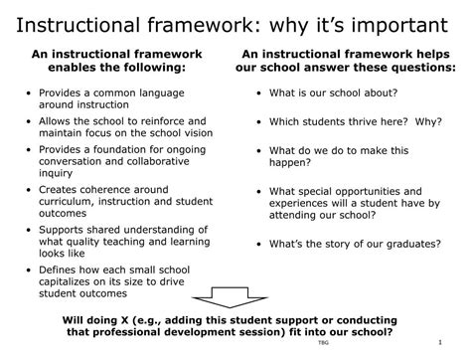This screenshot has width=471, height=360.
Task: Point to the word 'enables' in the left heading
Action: coord(66,67)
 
